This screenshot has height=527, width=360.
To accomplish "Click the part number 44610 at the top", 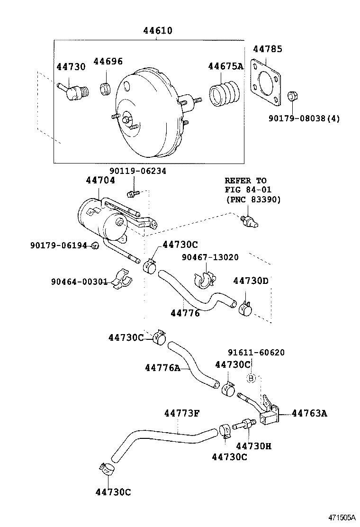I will click(158, 31).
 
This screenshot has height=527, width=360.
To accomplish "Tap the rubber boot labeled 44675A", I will click(225, 93).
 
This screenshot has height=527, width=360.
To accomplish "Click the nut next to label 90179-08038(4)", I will click(293, 96).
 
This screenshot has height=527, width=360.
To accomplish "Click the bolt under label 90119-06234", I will click(133, 193).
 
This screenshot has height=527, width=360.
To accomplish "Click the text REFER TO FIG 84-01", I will click(245, 185).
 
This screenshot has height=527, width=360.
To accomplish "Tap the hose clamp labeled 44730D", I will click(245, 309).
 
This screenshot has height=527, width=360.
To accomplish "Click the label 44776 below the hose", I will click(185, 313).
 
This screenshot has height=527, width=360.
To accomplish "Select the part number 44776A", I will click(162, 368).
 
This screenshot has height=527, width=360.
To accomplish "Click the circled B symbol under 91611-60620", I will click(252, 378).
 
